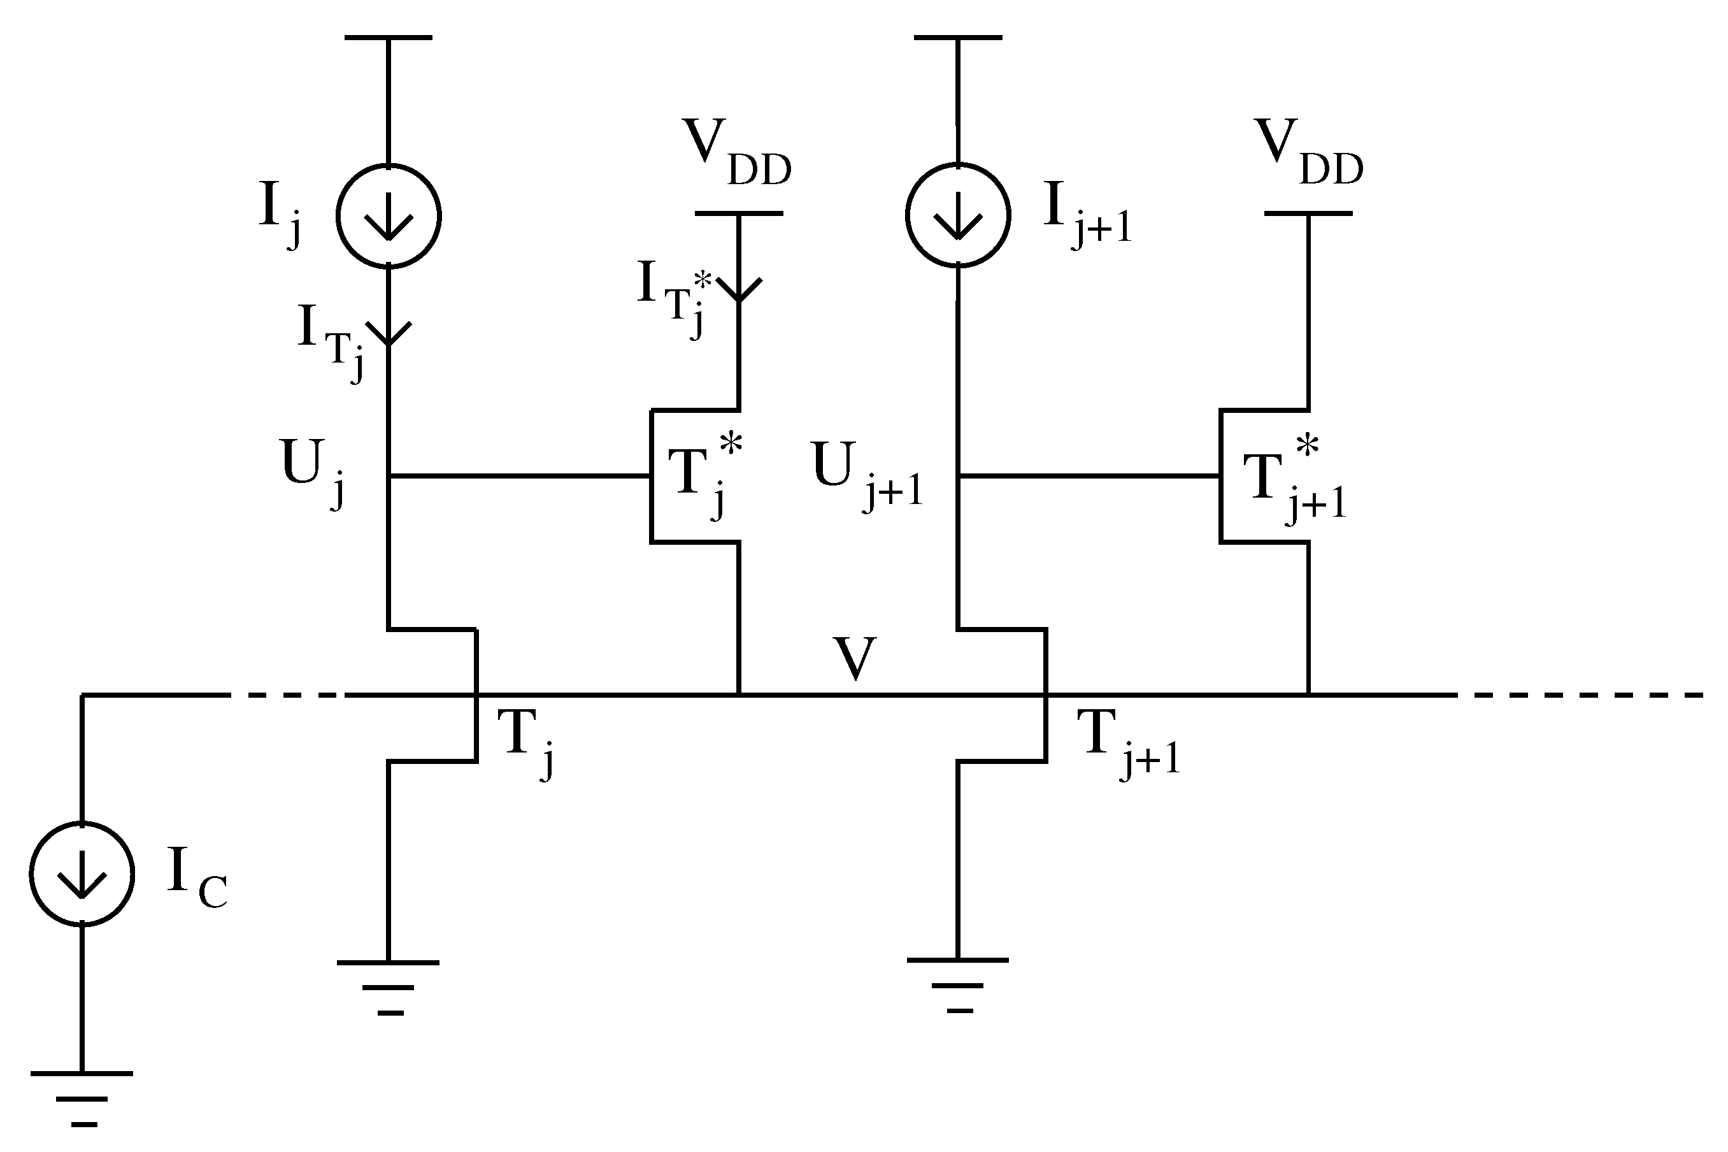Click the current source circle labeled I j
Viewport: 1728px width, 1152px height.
pos(388,215)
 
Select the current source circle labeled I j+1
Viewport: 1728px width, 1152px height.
pos(958,215)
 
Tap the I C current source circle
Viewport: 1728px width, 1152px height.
pos(82,874)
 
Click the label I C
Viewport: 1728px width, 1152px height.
pos(196,878)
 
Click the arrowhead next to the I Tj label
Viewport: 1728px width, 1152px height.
pos(389,335)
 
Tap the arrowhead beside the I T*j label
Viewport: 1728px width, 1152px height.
pos(739,290)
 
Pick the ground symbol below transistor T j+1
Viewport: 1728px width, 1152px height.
pos(958,984)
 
